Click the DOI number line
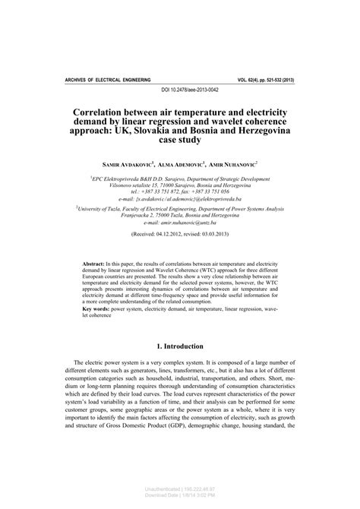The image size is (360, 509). click(x=179, y=90)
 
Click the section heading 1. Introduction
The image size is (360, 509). click(x=179, y=365)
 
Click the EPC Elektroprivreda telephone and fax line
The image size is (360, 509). click(x=180, y=193)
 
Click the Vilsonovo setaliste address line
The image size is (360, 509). click(x=180, y=185)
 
